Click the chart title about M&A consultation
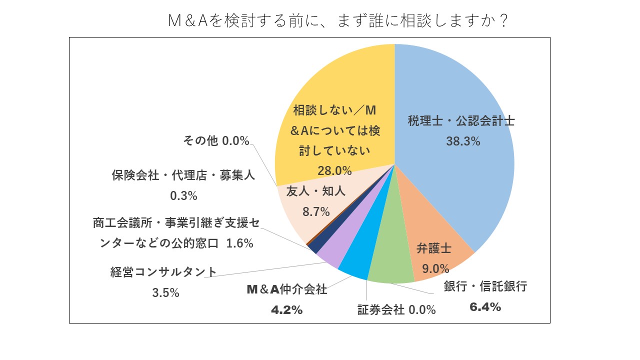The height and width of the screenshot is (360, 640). (x=338, y=20)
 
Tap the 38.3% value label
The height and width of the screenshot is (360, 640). (x=463, y=141)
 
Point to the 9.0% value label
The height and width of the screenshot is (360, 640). (x=435, y=269)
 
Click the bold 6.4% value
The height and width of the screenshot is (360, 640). (x=485, y=307)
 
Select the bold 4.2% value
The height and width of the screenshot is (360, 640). (x=286, y=310)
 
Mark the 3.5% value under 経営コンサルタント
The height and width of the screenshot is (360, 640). (x=165, y=292)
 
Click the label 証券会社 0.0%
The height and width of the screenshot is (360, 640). (x=396, y=310)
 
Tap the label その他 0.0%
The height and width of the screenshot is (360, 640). (x=215, y=141)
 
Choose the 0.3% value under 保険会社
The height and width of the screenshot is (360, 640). (x=183, y=196)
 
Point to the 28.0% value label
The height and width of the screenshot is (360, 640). (x=334, y=170)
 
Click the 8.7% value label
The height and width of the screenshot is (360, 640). (x=316, y=211)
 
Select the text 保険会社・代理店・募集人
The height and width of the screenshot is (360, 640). (x=183, y=176)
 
